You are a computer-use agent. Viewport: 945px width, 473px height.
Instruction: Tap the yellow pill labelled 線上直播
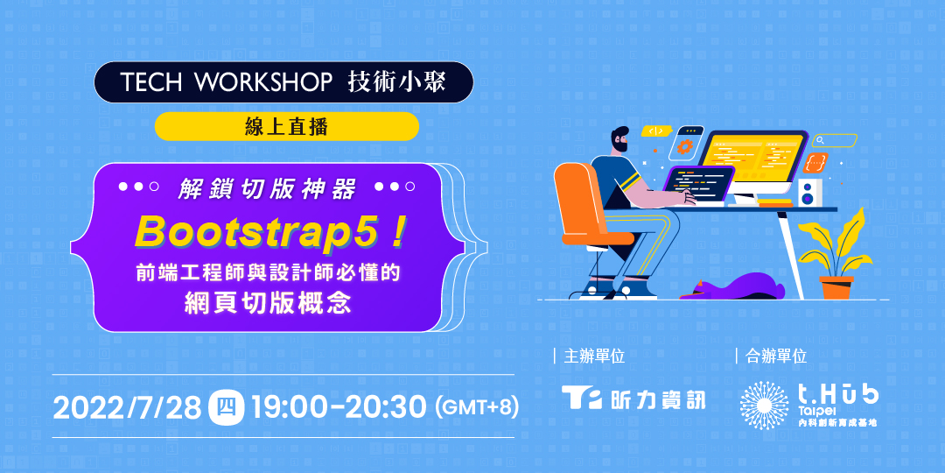[x=287, y=126]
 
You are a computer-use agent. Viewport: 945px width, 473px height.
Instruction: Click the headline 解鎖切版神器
[x=267, y=187]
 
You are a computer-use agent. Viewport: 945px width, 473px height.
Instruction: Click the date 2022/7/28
[x=127, y=408]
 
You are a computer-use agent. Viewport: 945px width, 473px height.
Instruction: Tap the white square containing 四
[x=226, y=408]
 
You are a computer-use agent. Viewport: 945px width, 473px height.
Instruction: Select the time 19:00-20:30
[x=339, y=408]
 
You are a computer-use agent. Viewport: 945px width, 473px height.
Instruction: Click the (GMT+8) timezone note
[x=477, y=408]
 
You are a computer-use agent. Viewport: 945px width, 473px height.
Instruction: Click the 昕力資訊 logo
[x=633, y=399]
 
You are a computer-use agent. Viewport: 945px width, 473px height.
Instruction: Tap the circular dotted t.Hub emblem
[x=764, y=406]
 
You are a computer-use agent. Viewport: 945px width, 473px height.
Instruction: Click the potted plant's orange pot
[x=836, y=287]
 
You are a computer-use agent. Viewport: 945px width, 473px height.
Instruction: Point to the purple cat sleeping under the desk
[x=732, y=286]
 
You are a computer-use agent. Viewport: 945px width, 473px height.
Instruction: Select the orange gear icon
[x=683, y=146]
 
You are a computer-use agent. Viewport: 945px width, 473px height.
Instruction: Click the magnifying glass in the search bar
[x=819, y=141]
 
